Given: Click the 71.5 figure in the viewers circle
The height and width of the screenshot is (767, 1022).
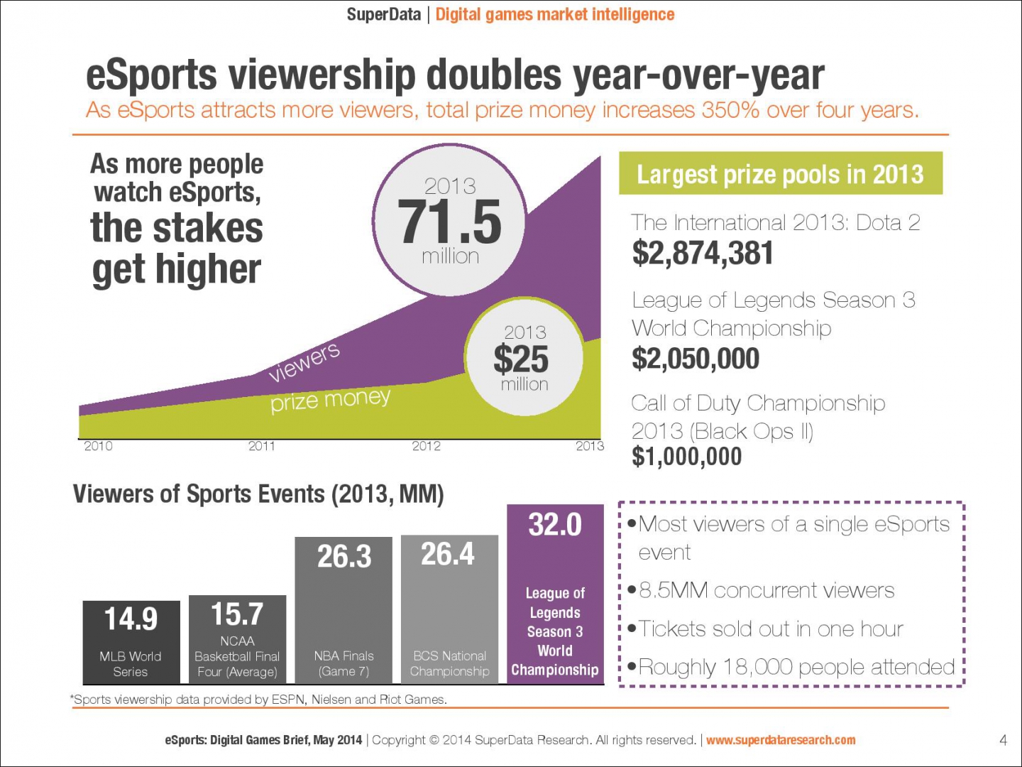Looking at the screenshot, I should [449, 222].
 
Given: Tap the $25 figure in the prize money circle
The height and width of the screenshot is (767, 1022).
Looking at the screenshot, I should [521, 359].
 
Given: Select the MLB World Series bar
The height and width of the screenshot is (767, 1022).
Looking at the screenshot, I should [131, 642].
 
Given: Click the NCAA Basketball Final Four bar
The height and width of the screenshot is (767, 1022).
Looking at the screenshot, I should [238, 639].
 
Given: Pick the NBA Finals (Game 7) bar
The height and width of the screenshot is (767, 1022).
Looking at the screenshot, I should [344, 611].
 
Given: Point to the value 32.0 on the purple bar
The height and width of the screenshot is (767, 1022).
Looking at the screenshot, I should [555, 525].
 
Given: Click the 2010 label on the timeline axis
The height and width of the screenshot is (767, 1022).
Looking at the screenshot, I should [98, 446].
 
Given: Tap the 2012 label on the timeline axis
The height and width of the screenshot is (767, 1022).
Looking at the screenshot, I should [426, 446].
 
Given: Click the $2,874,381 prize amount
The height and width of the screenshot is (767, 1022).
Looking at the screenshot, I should [703, 254].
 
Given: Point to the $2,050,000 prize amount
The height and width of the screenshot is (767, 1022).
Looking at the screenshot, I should [696, 359].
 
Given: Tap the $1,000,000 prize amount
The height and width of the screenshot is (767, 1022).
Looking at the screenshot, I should [686, 456].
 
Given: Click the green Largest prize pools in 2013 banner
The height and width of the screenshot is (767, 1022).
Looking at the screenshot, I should [780, 173].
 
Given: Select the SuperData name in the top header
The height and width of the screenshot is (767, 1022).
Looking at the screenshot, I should [383, 14].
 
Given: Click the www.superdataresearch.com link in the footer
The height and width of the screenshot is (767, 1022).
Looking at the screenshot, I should [781, 740].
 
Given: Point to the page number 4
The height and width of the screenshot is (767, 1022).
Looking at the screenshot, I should [1003, 740].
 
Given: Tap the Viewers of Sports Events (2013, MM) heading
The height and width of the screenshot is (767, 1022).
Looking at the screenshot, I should [258, 494].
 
